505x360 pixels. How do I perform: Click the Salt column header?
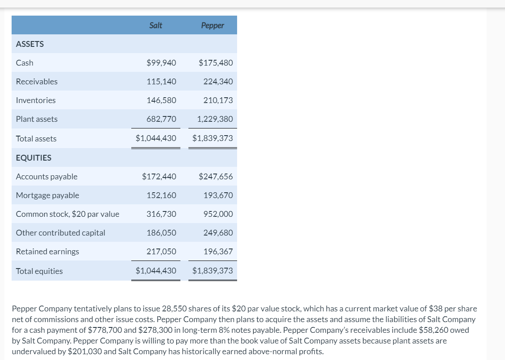tap(156, 25)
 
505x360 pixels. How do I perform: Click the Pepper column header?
tap(213, 25)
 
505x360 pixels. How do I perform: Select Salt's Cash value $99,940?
tap(161, 63)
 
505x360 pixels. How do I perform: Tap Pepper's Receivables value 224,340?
tap(218, 82)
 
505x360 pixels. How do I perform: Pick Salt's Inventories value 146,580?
tap(161, 100)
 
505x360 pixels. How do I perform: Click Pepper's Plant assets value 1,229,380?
tap(215, 119)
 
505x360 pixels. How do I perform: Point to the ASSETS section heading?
tap(30, 44)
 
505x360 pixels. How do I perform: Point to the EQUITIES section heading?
tap(33, 158)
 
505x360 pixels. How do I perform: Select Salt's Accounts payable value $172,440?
tap(159, 177)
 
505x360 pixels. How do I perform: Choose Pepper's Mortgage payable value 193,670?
tap(218, 195)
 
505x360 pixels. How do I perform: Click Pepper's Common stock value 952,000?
tap(218, 214)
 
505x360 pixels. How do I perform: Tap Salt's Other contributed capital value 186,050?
tap(161, 233)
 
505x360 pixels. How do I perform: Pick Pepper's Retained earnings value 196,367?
tap(218, 252)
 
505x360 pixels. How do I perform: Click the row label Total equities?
tap(39, 271)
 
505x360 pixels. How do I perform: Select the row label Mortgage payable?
tap(47, 195)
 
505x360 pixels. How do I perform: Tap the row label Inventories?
tap(36, 100)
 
